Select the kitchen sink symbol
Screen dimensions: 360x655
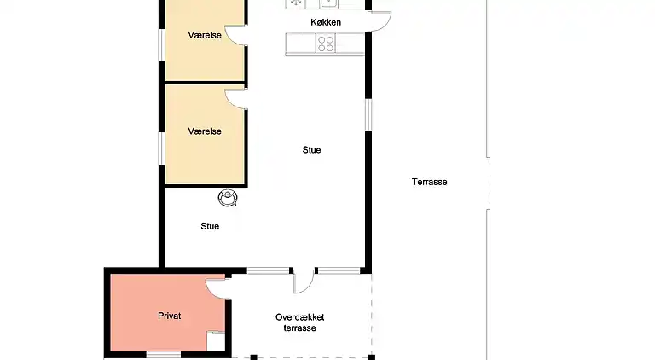click(x=327, y=3)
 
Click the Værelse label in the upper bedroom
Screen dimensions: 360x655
click(x=205, y=36)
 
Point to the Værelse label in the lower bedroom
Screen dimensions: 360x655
click(x=205, y=131)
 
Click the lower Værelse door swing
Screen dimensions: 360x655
click(x=236, y=98)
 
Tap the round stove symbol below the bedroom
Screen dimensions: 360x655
click(x=228, y=198)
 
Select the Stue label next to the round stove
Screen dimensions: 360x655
click(x=210, y=226)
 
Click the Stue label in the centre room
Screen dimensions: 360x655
click(x=311, y=150)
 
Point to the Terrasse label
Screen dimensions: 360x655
click(x=429, y=182)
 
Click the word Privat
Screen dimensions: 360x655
click(x=170, y=316)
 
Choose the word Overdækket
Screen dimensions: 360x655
click(x=300, y=317)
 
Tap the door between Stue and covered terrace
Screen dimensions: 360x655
click(x=304, y=281)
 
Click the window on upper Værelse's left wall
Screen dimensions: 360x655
click(x=160, y=47)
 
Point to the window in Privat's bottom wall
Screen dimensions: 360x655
click(x=163, y=355)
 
